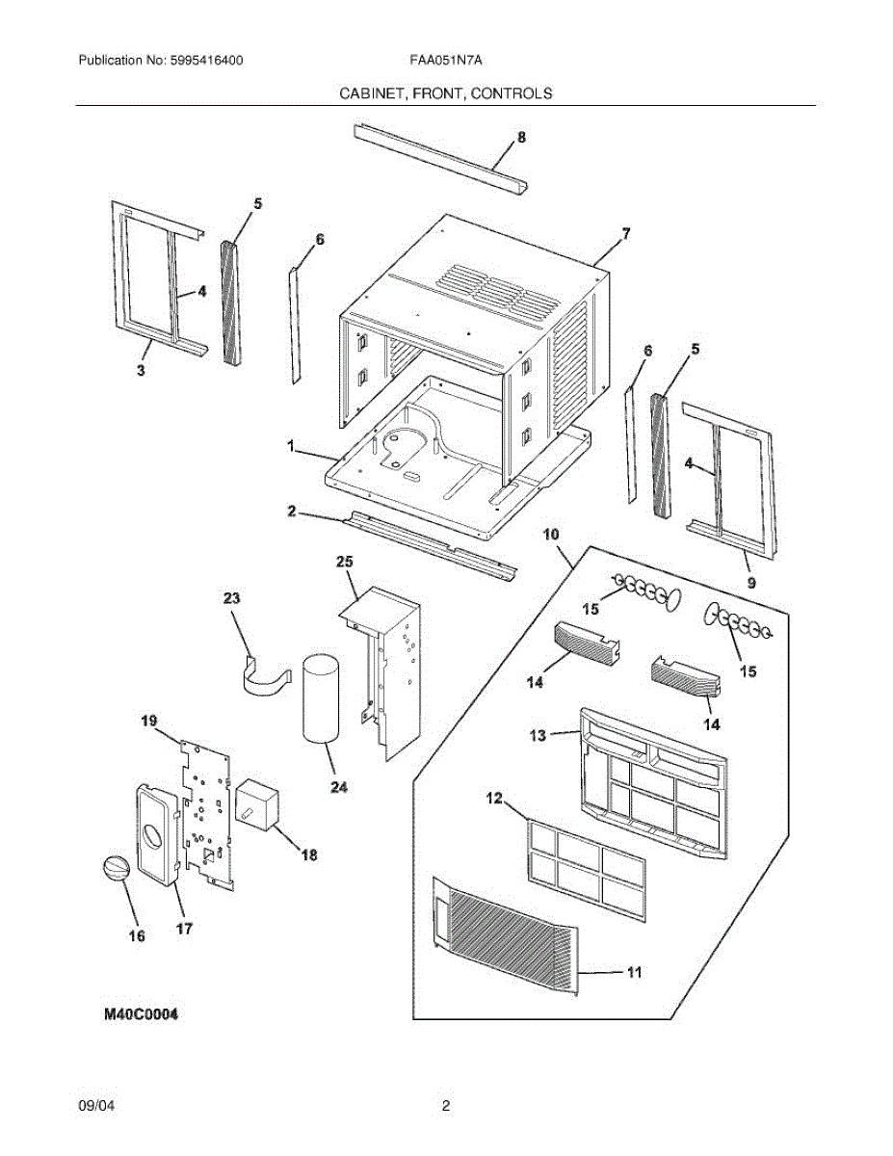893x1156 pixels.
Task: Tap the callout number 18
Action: pos(308,854)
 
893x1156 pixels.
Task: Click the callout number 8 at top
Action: pos(521,137)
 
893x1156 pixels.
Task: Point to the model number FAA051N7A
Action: pos(445,60)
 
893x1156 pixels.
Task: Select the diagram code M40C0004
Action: pos(141,1015)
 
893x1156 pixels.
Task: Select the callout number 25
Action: pos(345,561)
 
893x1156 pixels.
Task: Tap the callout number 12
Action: pos(493,798)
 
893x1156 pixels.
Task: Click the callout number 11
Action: pos(633,973)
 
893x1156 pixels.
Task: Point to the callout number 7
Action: pos(625,233)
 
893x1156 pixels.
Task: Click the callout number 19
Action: pos(148,720)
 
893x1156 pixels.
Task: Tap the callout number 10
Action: pos(550,534)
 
